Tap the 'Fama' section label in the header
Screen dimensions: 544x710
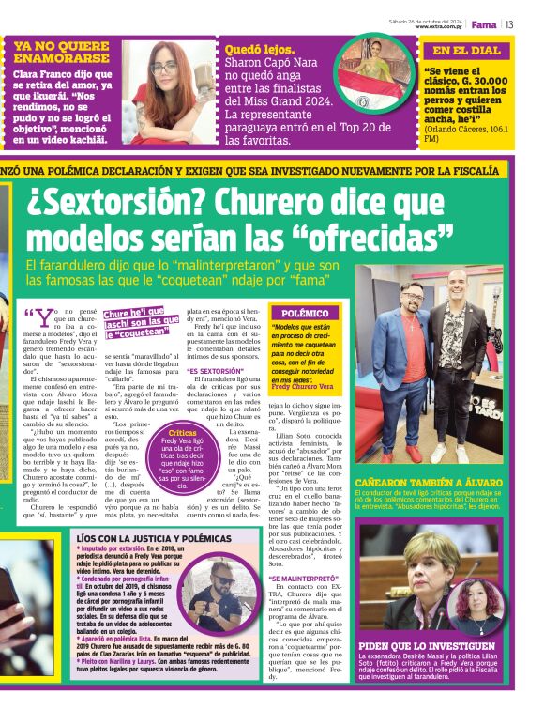point(484,24)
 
